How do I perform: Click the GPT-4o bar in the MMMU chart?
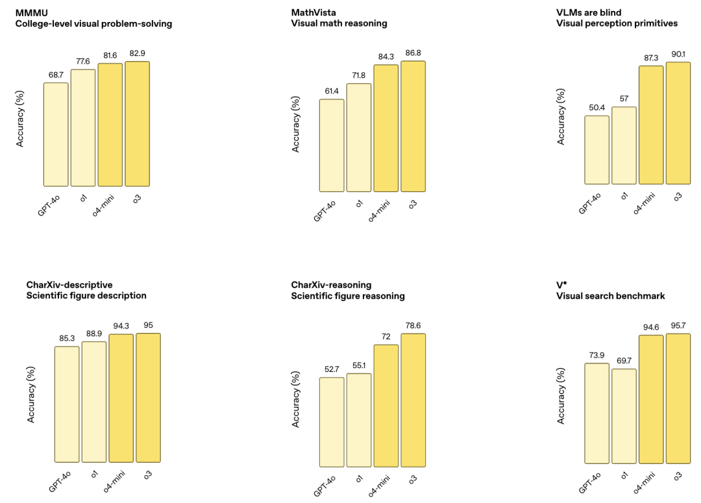point(56,134)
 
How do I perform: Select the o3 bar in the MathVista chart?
point(413,127)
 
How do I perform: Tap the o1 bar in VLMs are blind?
point(624,145)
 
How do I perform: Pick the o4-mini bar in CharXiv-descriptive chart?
point(121,399)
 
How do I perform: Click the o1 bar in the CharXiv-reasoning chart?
point(359,420)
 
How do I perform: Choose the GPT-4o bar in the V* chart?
point(597,413)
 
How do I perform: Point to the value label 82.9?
point(137,53)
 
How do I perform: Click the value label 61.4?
point(332,90)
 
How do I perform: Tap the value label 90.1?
point(678,54)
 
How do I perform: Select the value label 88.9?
point(93,332)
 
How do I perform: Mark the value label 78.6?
point(413,325)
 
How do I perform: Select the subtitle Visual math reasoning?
point(339,23)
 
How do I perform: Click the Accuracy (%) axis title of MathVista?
point(296,124)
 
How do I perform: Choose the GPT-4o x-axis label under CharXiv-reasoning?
point(324,484)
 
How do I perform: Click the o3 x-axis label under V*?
point(677,477)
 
